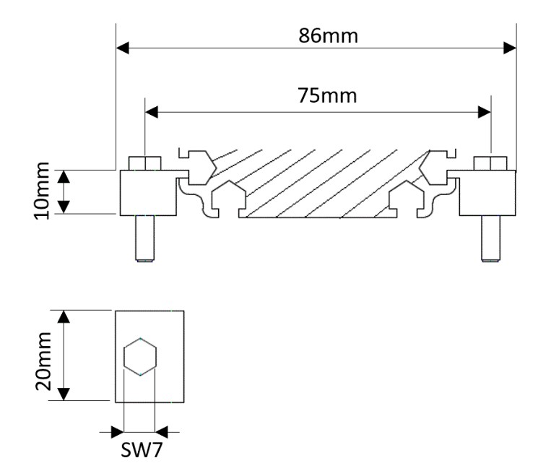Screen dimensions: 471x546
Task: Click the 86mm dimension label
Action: click(x=329, y=34)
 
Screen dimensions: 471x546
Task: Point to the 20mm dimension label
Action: click(x=43, y=355)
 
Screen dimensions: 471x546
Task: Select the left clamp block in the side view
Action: click(x=147, y=192)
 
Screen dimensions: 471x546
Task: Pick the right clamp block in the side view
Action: click(x=488, y=192)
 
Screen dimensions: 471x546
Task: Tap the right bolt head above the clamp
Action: click(x=490, y=163)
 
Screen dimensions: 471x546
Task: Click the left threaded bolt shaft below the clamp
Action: click(x=143, y=238)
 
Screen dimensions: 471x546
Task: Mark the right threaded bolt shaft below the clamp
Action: click(x=490, y=238)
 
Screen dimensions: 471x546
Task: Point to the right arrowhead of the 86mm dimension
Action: click(x=511, y=48)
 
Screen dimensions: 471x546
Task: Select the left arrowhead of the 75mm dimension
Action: click(x=151, y=112)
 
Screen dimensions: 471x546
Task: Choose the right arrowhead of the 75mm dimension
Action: click(x=485, y=112)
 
